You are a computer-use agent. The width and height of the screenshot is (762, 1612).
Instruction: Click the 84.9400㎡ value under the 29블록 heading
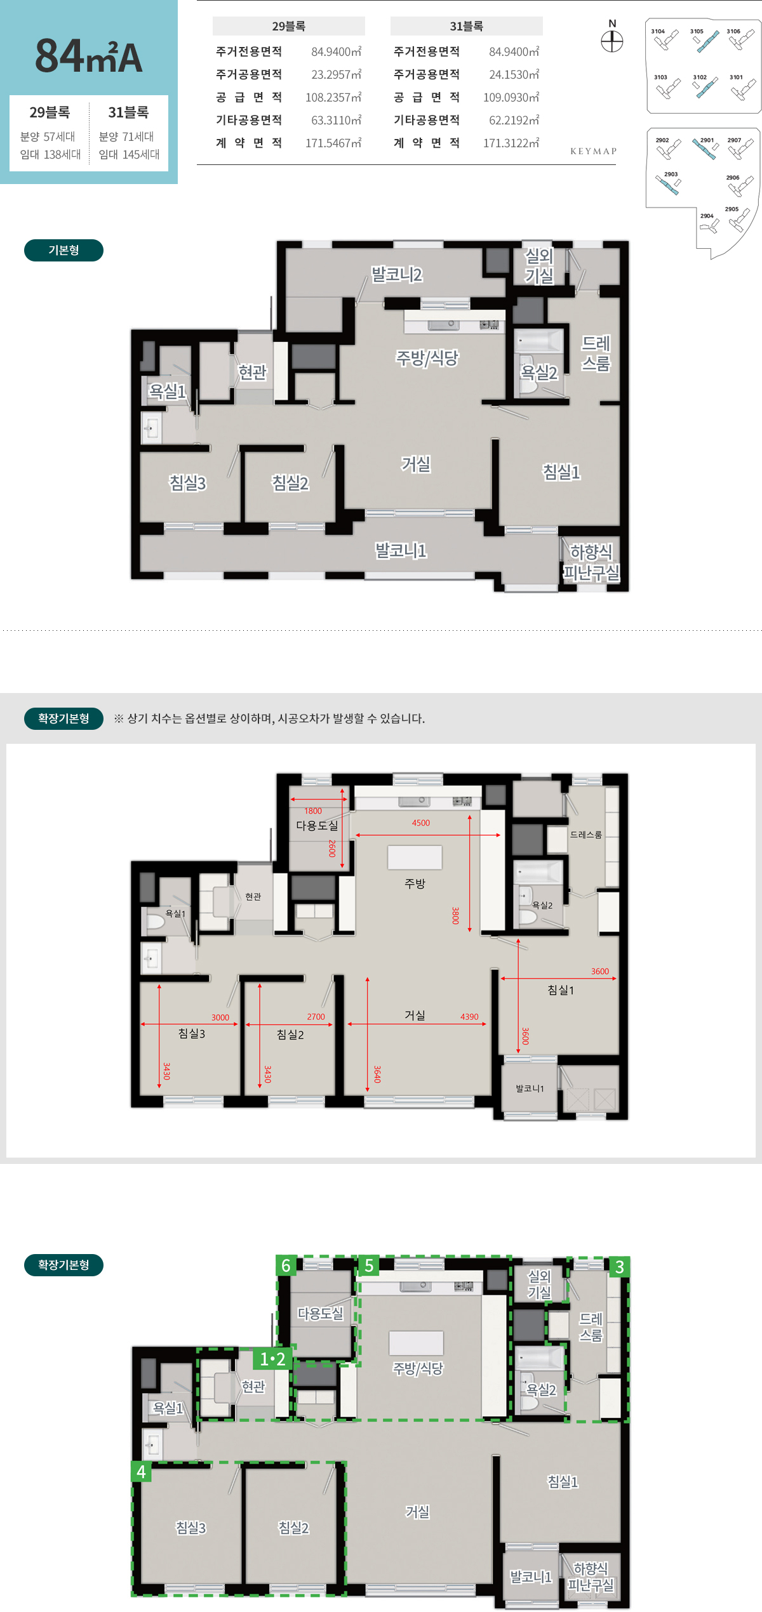336,51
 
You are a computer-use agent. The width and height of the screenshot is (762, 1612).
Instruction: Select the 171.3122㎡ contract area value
511,143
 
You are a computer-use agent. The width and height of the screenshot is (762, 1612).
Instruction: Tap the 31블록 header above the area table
466,26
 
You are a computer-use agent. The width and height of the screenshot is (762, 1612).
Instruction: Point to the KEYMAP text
593,151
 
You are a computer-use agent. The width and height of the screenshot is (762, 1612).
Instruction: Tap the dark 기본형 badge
63,250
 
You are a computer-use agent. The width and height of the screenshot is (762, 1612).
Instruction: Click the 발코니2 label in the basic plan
396,275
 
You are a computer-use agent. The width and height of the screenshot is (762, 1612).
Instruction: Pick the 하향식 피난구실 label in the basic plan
591,562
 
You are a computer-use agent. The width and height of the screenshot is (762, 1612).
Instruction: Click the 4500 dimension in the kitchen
420,823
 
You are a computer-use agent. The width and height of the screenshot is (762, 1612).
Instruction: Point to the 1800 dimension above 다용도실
312,811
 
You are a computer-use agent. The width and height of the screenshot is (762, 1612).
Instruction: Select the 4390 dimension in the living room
469,1017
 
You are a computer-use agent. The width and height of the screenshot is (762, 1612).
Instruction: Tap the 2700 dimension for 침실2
316,1017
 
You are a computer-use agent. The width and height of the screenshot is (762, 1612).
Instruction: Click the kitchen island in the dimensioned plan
415,857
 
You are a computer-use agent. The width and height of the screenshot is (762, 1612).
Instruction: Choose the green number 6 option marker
286,1266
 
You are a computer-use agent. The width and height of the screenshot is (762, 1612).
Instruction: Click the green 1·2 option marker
273,1359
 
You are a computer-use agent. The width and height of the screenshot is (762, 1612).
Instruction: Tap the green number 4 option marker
141,1472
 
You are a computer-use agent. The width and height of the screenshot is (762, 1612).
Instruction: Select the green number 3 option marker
620,1267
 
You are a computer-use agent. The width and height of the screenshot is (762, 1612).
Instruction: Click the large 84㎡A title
89,56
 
